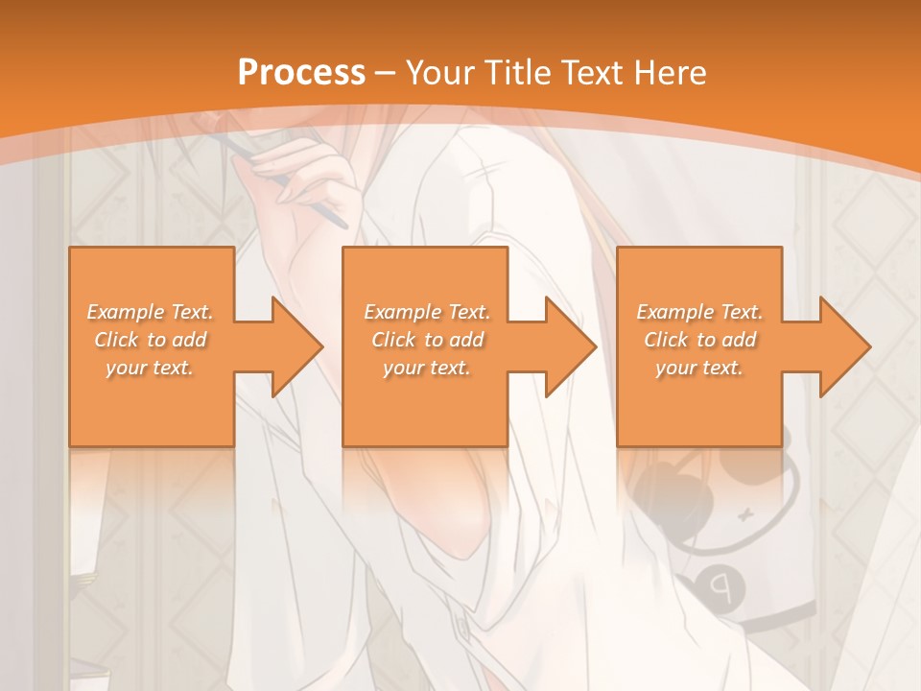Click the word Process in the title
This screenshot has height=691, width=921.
coord(301,73)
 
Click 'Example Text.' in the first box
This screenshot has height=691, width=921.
coord(151,312)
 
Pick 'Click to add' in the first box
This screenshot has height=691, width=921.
coord(151,340)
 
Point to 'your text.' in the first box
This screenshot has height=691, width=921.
coord(151,368)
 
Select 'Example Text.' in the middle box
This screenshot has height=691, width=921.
coord(427,312)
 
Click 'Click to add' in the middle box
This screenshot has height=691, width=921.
coord(427,340)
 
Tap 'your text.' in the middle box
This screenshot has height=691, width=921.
coord(427,368)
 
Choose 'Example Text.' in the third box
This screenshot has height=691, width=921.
coord(699,312)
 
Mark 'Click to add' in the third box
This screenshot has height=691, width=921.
coord(699,340)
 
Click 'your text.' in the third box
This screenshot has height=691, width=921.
coord(699,368)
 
